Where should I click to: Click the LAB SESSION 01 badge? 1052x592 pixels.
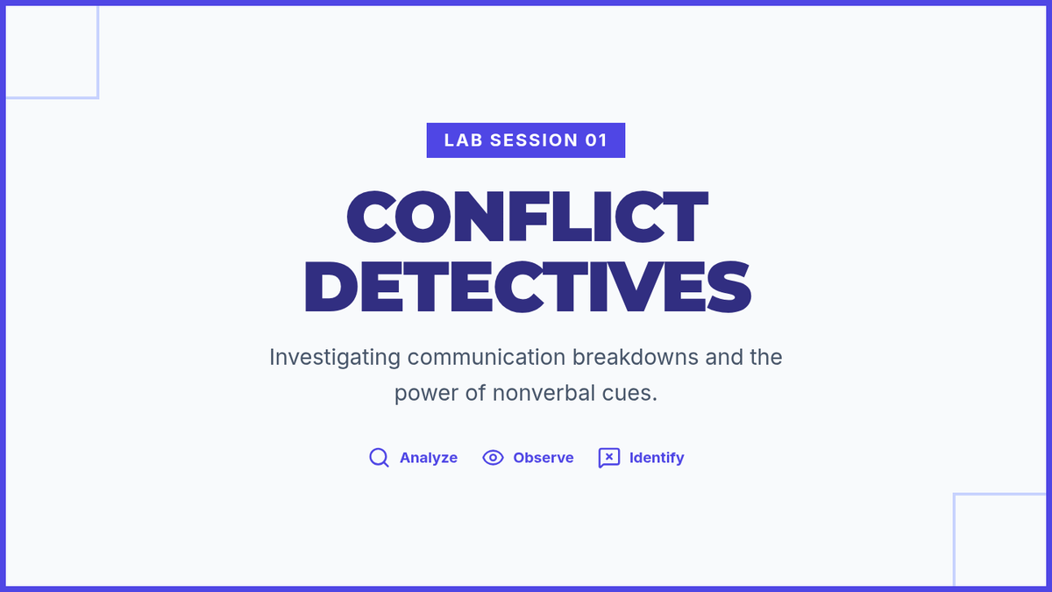point(525,140)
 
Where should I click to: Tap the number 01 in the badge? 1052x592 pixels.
point(596,140)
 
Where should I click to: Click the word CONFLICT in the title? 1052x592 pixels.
point(527,217)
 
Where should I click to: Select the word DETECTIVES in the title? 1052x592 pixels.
point(528,287)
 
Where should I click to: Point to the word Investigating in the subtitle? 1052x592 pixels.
point(335,358)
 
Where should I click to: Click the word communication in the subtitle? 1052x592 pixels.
point(487,357)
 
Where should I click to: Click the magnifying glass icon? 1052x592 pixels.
point(379,458)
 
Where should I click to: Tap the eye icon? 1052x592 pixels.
point(493,458)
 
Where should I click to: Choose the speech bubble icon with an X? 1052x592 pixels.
point(609,458)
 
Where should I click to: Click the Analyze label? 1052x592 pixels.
point(429,458)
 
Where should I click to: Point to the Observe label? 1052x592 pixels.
point(544,458)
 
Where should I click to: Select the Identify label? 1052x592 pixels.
point(657,458)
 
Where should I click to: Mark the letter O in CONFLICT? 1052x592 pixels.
point(423,217)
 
